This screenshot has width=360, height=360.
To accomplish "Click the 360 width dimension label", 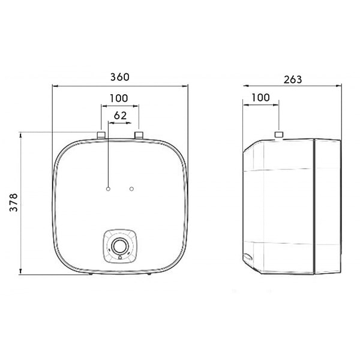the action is tap(120, 77).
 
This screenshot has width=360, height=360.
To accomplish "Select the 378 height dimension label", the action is tap(14, 202).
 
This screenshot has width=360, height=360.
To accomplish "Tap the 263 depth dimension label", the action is tap(293, 80).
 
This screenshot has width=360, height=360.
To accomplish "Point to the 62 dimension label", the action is tap(121, 115).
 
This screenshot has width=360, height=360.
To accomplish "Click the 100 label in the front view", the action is tap(119, 98).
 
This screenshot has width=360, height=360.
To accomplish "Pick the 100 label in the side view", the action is tap(260, 98).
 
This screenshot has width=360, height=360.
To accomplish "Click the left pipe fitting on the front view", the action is tap(101, 135).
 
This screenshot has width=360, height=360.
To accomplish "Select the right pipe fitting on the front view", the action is tap(139, 135).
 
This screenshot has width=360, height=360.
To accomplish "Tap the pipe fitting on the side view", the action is tap(279, 134).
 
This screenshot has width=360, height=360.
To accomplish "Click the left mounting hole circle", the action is tap(108, 189).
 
